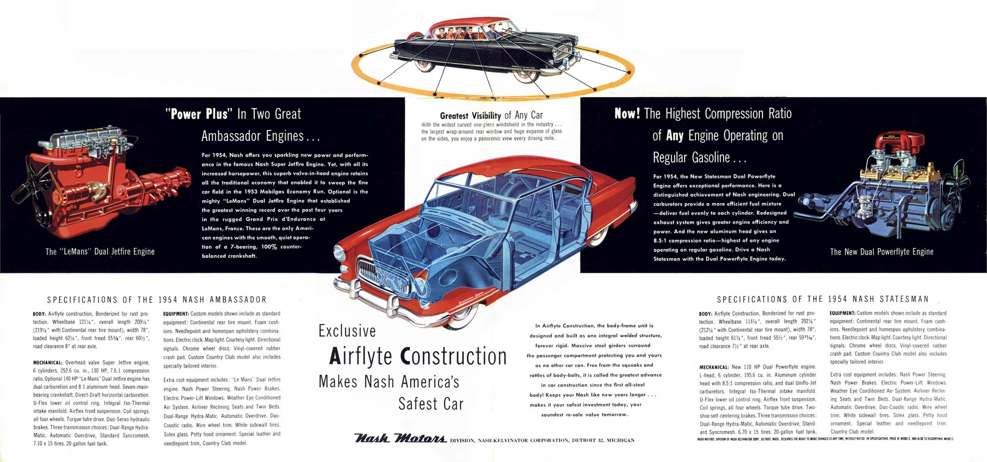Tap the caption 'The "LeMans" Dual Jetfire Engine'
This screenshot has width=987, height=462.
(100, 252)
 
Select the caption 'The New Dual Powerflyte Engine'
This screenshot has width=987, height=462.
(882, 252)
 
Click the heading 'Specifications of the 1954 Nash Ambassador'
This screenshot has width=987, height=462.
(157, 300)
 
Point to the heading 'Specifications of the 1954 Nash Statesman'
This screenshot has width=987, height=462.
(823, 299)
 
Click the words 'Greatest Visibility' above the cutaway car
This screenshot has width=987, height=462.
(470, 116)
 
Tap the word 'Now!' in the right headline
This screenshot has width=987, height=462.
(627, 113)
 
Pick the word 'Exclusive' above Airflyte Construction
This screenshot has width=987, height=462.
(347, 331)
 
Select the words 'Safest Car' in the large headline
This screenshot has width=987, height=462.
(431, 404)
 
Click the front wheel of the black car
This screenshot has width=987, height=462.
(526, 75)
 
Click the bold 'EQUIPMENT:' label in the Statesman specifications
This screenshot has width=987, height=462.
(842, 313)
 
